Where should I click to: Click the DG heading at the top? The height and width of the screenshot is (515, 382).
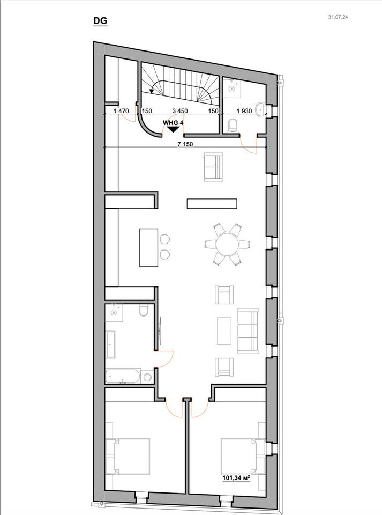[100, 21]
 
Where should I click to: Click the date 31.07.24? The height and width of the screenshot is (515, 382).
[338, 17]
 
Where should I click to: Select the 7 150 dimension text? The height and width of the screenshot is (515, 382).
[186, 144]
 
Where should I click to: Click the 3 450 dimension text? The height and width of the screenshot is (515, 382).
[180, 111]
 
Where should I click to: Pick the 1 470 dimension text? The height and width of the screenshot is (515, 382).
[121, 111]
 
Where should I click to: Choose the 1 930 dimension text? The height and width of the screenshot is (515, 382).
[244, 111]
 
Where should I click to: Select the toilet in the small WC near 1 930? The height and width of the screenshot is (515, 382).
[233, 126]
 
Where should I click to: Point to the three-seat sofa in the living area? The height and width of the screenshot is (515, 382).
[248, 331]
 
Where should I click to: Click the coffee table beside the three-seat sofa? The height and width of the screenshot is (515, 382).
[224, 331]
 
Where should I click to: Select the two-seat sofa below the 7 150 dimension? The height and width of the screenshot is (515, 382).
[213, 167]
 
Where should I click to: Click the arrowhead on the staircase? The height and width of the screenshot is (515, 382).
[152, 91]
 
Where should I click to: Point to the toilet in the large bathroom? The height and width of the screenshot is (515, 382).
[144, 311]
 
